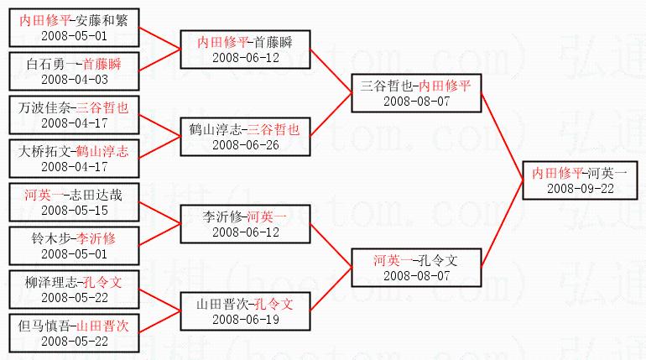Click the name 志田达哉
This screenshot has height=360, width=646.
[x=102, y=196]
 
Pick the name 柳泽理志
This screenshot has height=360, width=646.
[x=44, y=283]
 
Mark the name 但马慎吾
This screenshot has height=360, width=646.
[x=44, y=326]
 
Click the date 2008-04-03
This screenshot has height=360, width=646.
[x=75, y=79]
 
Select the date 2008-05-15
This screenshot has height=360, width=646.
[x=75, y=211]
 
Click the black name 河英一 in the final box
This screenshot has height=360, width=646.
[x=607, y=172]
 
